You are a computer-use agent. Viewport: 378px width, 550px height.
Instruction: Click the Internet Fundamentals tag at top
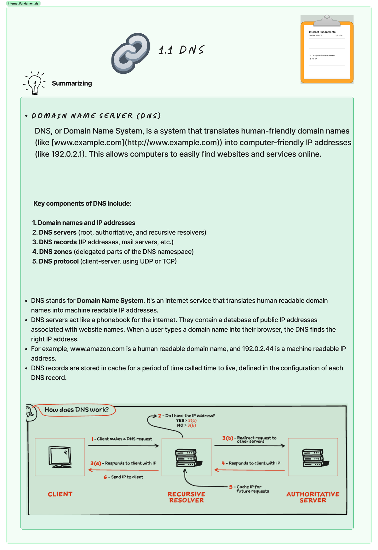coord(23,3)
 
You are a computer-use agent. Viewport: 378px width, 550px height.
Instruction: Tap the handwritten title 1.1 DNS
coord(181,50)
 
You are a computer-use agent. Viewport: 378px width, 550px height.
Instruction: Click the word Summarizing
coord(72,83)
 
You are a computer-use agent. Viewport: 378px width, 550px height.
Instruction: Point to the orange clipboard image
coord(327,49)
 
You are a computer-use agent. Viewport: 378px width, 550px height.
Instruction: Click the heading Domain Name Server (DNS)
coord(96,116)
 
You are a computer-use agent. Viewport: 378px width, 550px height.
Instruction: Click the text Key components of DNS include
coord(82,204)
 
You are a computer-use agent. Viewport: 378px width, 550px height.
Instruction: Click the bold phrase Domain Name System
coord(110,301)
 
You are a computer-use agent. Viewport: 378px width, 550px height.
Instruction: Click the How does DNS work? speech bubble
coord(77,410)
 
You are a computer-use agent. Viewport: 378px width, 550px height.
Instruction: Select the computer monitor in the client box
coord(60,457)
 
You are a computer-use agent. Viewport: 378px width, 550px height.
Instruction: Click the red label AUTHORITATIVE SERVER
coord(312,497)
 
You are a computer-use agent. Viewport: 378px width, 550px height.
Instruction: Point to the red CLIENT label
coord(60,494)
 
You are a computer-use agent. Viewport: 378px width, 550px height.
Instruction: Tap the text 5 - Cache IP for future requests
coord(249,489)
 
